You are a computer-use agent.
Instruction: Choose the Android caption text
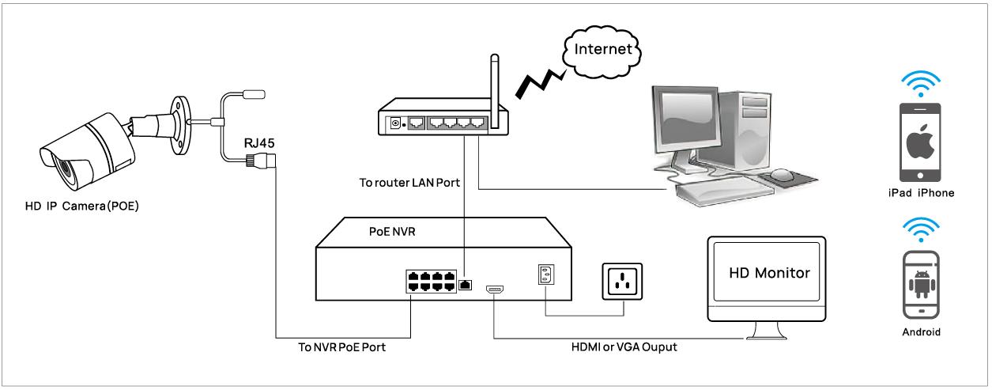coord(922,332)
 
